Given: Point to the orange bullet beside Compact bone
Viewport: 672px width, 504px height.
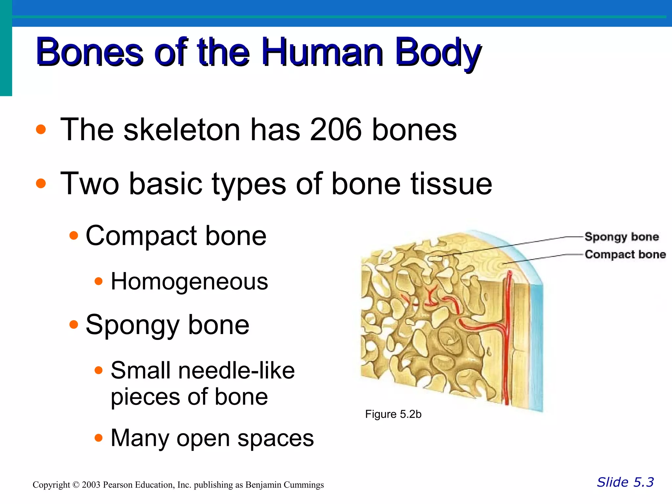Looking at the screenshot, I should [x=74, y=235].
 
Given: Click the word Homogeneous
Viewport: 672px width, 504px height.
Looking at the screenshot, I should [x=189, y=282].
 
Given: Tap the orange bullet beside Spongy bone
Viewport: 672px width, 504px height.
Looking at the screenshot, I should [x=74, y=325].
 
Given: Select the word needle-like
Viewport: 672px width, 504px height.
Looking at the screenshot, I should [x=236, y=370].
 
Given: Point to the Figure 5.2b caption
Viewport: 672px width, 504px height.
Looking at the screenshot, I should [x=393, y=414].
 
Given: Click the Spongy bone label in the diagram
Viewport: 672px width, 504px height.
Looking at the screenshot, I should [x=622, y=237].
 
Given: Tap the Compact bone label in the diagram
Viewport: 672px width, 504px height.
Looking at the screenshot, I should [x=625, y=255].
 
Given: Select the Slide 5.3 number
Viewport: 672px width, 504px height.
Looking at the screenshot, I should [x=625, y=482].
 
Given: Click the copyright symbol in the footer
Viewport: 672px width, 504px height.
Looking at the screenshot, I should [x=76, y=485].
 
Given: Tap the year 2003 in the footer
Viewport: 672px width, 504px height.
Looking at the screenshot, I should [x=91, y=485].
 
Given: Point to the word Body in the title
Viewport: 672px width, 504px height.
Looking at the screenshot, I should [x=438, y=52].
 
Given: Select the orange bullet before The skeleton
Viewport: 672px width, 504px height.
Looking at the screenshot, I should [x=41, y=129].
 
